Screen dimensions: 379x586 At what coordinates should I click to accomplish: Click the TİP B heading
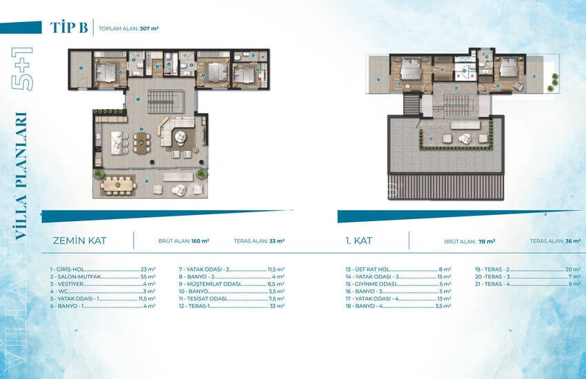click(x=69, y=28)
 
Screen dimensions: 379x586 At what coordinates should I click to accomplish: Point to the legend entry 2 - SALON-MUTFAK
click(x=77, y=276)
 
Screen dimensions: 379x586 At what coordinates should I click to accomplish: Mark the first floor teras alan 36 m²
click(x=574, y=242)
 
